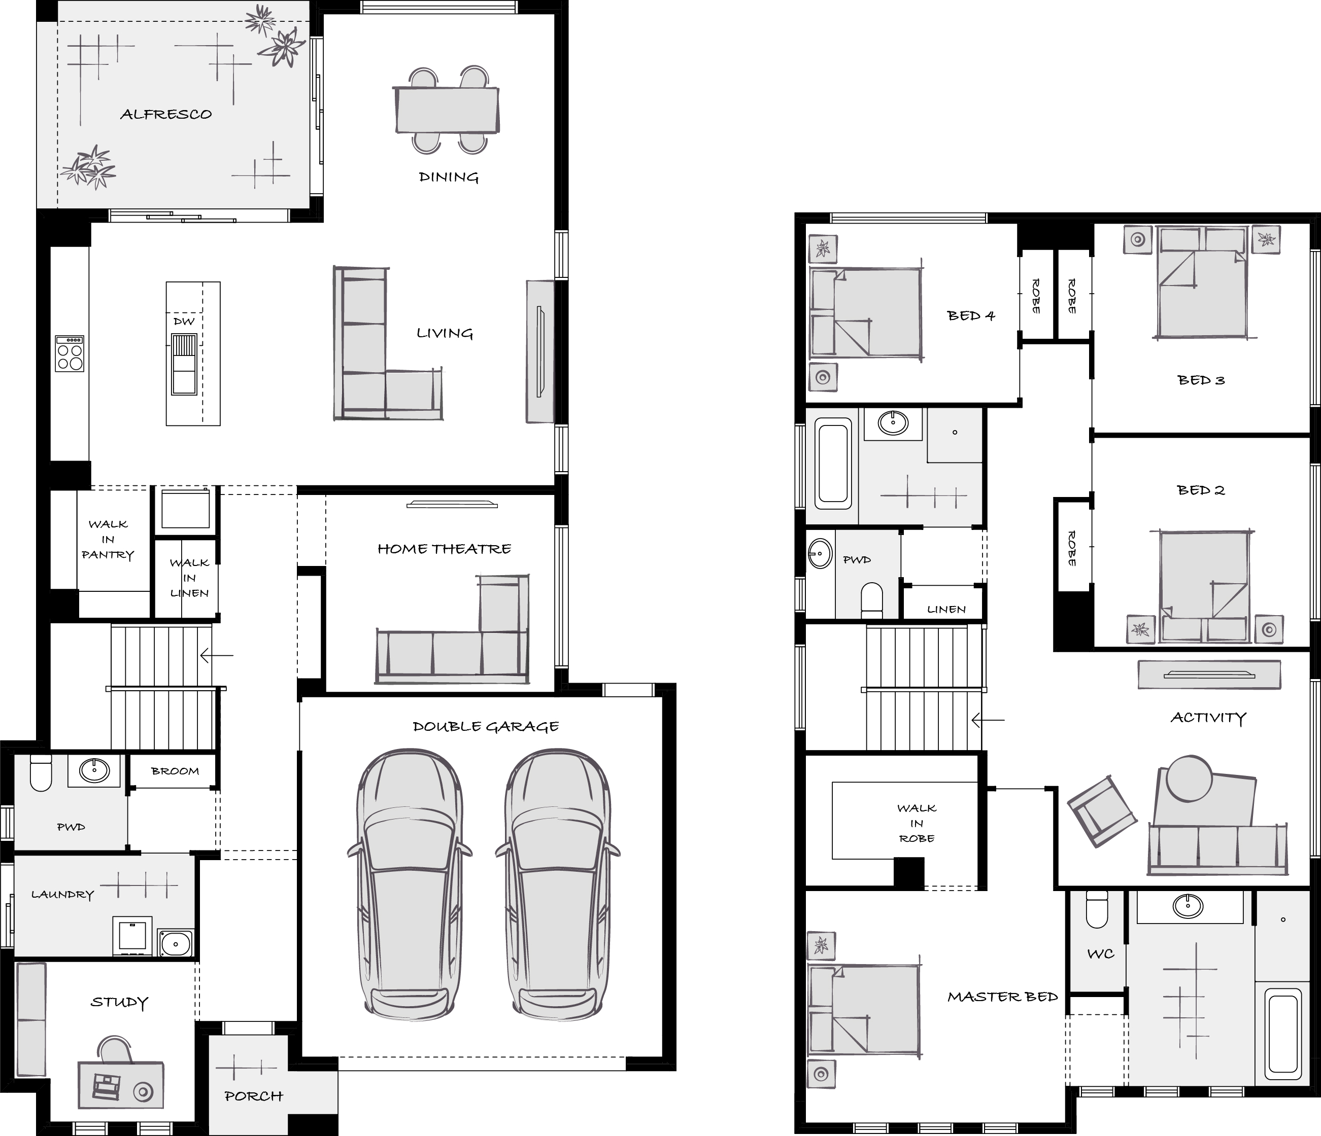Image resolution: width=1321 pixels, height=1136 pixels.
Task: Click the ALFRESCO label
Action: pyautogui.click(x=166, y=115)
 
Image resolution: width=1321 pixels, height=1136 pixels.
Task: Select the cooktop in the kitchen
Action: pyautogui.click(x=70, y=353)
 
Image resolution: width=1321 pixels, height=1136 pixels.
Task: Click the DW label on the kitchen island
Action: pyautogui.click(x=184, y=321)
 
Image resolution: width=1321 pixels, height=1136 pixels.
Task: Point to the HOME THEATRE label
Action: pyautogui.click(x=445, y=549)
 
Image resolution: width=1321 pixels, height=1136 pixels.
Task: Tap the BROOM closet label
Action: pyautogui.click(x=175, y=771)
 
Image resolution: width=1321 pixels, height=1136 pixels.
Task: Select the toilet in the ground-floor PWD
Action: pyautogui.click(x=41, y=773)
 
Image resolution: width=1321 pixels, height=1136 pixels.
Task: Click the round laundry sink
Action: pyautogui.click(x=175, y=944)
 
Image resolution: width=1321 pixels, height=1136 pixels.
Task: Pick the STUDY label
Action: pyautogui.click(x=119, y=1002)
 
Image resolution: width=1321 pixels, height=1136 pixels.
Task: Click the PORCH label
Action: pyautogui.click(x=254, y=1096)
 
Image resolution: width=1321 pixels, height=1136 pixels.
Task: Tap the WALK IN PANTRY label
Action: pyautogui.click(x=108, y=539)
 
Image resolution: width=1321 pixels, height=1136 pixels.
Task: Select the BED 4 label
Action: pyautogui.click(x=970, y=315)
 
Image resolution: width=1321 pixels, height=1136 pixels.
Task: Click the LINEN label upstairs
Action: pyautogui.click(x=946, y=609)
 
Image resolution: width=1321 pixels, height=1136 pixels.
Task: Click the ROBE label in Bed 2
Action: pyautogui.click(x=1072, y=549)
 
